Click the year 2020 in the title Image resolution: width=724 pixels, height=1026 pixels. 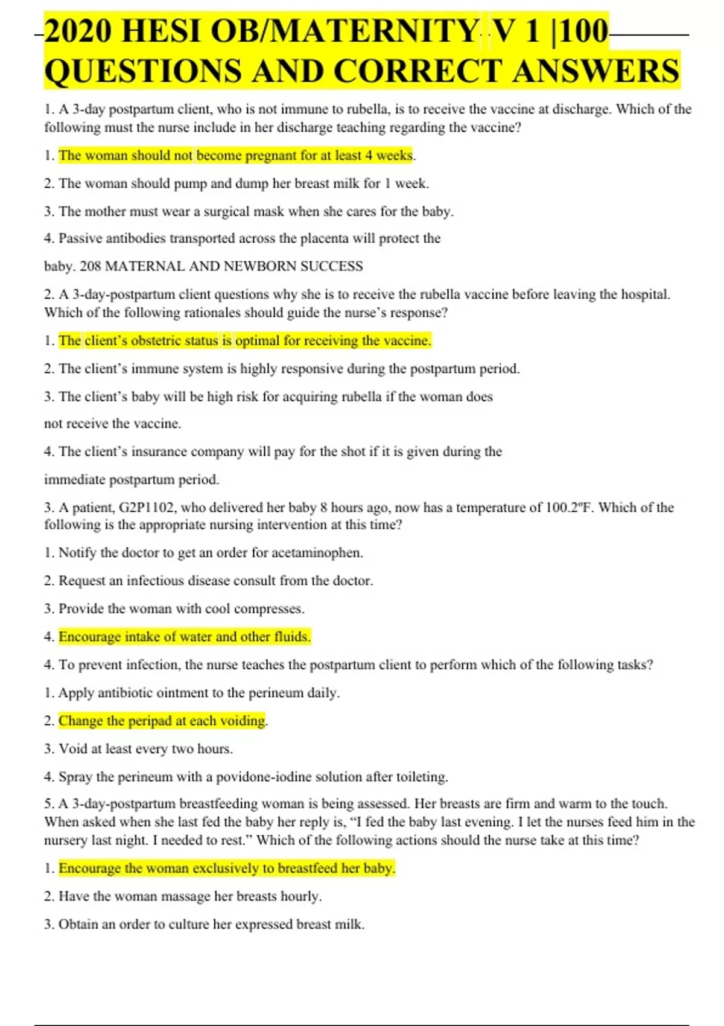coord(78,31)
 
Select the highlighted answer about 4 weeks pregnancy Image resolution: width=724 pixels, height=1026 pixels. coord(235,156)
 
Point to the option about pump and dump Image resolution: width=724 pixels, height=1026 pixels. coord(243,183)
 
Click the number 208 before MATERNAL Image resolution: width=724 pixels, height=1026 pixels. coord(91,266)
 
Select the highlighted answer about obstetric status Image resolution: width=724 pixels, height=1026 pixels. coord(244,341)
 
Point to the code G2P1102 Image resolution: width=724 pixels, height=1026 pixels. coord(147,508)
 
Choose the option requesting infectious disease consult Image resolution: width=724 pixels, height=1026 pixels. coord(215,581)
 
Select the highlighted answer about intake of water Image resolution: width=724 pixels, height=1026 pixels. coord(184,637)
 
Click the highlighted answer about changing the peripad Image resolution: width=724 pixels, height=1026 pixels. coord(162,721)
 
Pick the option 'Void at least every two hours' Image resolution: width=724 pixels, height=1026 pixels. coord(145,749)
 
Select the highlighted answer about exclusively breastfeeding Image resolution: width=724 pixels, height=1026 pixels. coord(226,868)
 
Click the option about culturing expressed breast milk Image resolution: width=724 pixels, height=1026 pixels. coord(211,925)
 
